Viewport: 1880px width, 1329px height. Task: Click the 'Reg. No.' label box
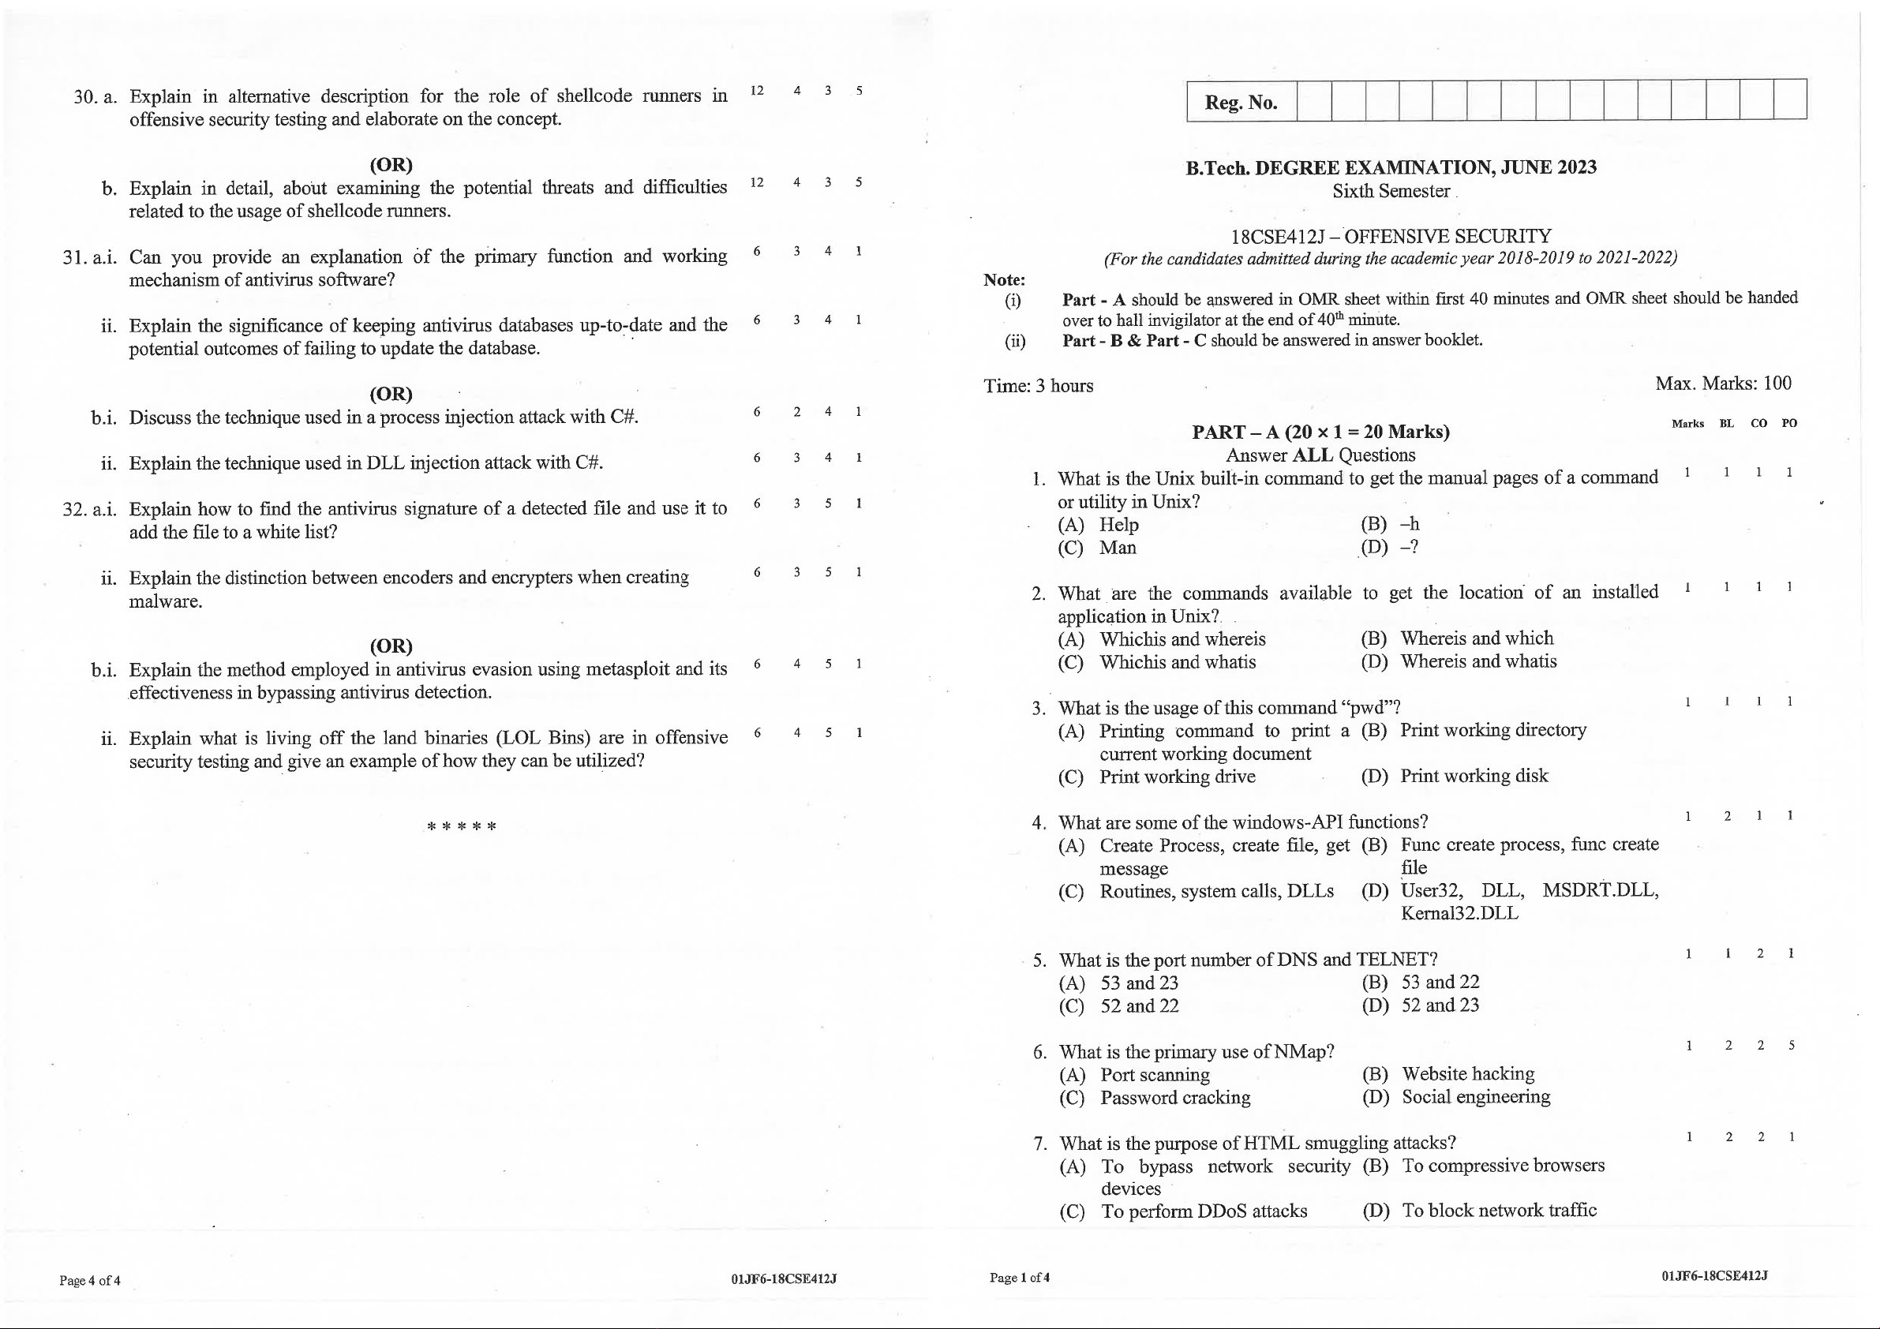(1241, 103)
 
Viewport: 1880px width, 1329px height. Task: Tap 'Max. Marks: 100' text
(1723, 384)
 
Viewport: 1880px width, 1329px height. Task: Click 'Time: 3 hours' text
(1038, 386)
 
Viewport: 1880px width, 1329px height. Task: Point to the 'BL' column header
(1727, 423)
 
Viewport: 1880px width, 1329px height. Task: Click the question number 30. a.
(95, 96)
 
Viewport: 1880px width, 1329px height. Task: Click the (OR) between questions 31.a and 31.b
(391, 394)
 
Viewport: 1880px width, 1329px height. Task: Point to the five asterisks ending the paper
(462, 826)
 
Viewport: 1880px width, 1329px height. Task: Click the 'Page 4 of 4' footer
(89, 1281)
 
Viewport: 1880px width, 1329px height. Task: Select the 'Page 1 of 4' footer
(1020, 1278)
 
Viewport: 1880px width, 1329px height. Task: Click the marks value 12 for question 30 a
(757, 91)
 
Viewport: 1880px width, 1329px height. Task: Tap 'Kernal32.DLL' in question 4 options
(1459, 913)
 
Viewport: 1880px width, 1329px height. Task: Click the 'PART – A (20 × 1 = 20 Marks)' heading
(1320, 432)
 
